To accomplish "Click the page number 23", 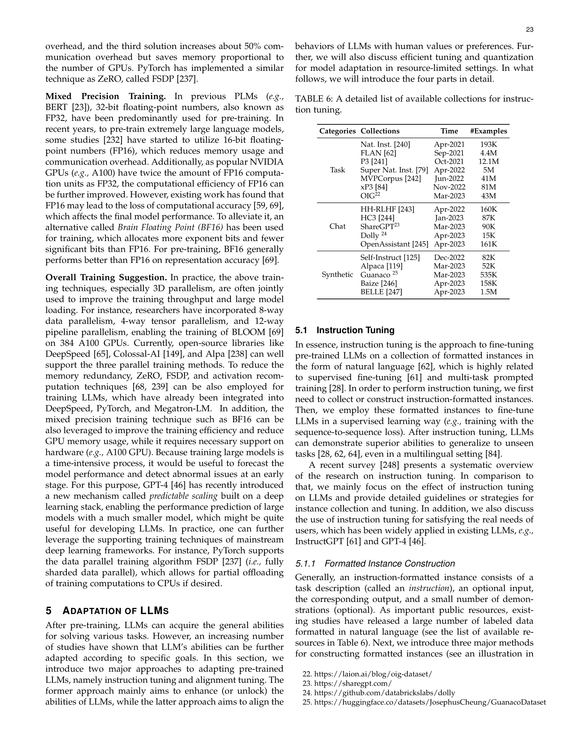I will tap(530, 30).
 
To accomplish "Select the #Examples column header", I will tap(488, 131).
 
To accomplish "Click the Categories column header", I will tap(337, 131).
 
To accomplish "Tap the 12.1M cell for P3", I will tap(488, 161).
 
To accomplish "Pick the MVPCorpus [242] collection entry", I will tap(390, 178).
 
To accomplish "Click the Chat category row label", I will tap(337, 226).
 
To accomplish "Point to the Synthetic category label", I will tap(337, 275).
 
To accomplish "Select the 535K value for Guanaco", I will tap(488, 275).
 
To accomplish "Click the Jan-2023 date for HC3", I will tap(449, 218).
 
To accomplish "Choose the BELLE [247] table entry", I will tap(381, 292).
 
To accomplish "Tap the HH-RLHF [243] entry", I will tap(387, 209).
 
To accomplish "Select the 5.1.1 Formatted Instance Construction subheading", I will tap(375, 564).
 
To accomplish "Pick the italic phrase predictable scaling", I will tap(183, 496).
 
